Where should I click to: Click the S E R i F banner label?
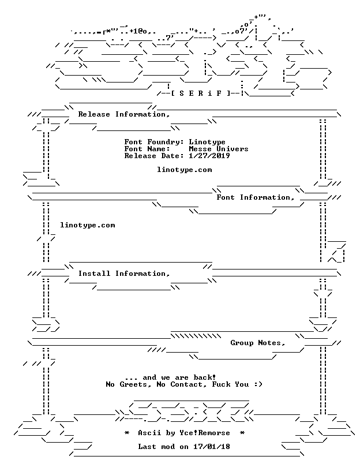[x=200, y=93]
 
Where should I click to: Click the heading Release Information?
[x=124, y=114]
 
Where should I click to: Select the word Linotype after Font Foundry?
[x=207, y=142]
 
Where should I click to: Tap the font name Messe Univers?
[x=219, y=149]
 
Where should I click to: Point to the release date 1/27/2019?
[x=209, y=156]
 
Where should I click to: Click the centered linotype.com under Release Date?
[x=184, y=170]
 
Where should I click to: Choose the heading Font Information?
[x=255, y=197]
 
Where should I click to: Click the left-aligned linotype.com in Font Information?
[x=88, y=225]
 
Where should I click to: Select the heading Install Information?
[x=124, y=274]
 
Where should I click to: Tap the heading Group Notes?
[x=258, y=343]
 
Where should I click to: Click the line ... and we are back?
[x=170, y=377]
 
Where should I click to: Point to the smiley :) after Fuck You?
[x=258, y=384]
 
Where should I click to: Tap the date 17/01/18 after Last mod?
[x=212, y=447]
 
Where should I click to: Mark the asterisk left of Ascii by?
[x=127, y=433]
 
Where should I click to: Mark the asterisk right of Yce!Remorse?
[x=242, y=433]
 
